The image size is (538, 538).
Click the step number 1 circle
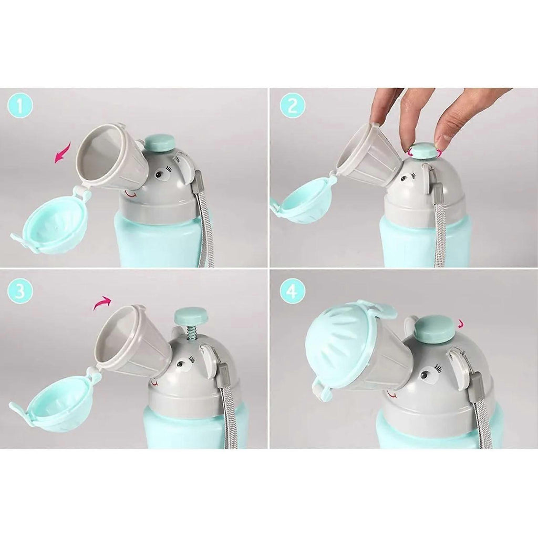click(20, 106)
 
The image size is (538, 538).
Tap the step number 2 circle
click(292, 106)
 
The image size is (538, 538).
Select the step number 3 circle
click(20, 291)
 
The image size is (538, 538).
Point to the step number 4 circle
click(292, 291)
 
